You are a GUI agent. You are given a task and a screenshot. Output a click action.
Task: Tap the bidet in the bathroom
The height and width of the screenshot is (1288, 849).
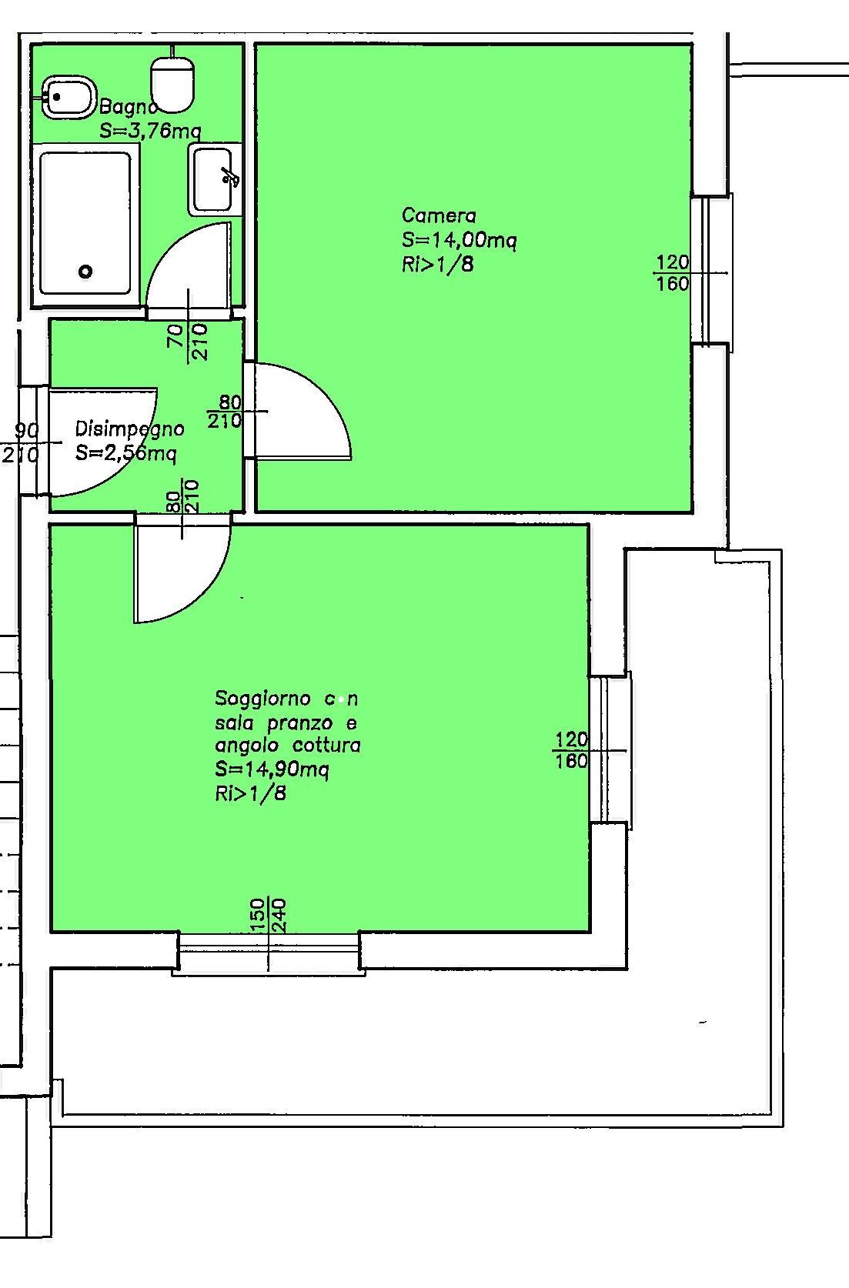coord(68,97)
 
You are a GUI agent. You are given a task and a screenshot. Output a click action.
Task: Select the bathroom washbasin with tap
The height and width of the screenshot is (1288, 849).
coord(212,179)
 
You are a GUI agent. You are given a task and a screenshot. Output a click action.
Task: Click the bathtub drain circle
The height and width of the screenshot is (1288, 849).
coord(85,271)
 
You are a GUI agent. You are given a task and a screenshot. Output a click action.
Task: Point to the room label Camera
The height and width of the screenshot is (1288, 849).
coord(439,215)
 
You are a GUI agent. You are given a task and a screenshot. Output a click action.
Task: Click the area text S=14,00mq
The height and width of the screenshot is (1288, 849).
coord(459,240)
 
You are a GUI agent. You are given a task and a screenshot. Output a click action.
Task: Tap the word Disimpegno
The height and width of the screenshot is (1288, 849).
coord(129,429)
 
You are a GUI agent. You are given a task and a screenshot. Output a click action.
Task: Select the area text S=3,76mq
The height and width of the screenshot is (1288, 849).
coord(150,132)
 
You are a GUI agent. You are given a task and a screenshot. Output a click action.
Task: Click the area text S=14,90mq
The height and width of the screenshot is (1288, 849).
coord(272,769)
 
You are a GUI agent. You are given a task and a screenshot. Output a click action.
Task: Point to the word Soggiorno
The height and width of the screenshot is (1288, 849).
coord(262,699)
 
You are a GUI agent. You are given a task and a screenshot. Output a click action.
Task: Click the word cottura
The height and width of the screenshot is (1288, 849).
coord(326,746)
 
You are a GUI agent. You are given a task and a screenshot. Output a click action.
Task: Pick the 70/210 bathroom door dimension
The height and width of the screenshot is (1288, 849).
coord(188,341)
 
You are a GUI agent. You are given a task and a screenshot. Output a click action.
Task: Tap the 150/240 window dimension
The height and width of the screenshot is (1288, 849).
coord(268,916)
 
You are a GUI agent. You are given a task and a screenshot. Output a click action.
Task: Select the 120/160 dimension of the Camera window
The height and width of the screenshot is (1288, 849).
coord(673,273)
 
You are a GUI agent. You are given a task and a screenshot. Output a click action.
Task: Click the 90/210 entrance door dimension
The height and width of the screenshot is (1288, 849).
coord(22,443)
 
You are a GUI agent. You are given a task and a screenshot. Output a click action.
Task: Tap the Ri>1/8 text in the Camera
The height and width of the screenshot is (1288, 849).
coord(437,265)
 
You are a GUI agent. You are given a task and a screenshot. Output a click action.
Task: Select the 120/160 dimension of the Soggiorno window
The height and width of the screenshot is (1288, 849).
coord(571,750)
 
